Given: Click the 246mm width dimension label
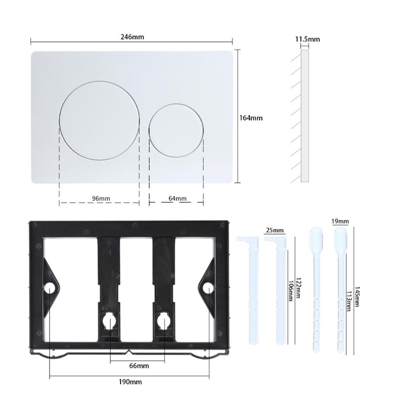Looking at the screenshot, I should click(132, 37).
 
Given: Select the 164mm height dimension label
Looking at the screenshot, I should click(251, 117).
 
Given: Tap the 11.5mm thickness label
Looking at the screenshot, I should click(307, 39).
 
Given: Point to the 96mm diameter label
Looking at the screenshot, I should click(101, 199).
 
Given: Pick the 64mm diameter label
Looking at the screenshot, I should click(177, 199).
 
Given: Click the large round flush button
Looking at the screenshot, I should click(99, 121).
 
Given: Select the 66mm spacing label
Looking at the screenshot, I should click(139, 366).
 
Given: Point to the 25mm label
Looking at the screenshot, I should click(275, 230).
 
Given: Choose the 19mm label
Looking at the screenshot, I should click(340, 222).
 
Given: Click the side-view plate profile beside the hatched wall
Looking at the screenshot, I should click(305, 116).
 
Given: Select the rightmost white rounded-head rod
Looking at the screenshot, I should click(341, 290).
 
